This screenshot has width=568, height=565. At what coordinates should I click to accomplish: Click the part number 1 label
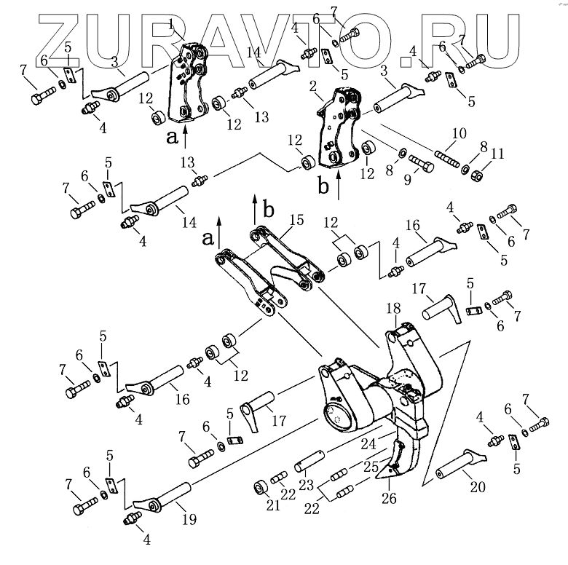click(x=171, y=24)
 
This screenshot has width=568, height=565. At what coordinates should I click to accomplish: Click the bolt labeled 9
click(x=421, y=163)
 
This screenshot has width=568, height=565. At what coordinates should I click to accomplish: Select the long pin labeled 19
click(x=163, y=497)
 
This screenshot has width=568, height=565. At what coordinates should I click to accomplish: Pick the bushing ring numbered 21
click(x=259, y=486)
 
